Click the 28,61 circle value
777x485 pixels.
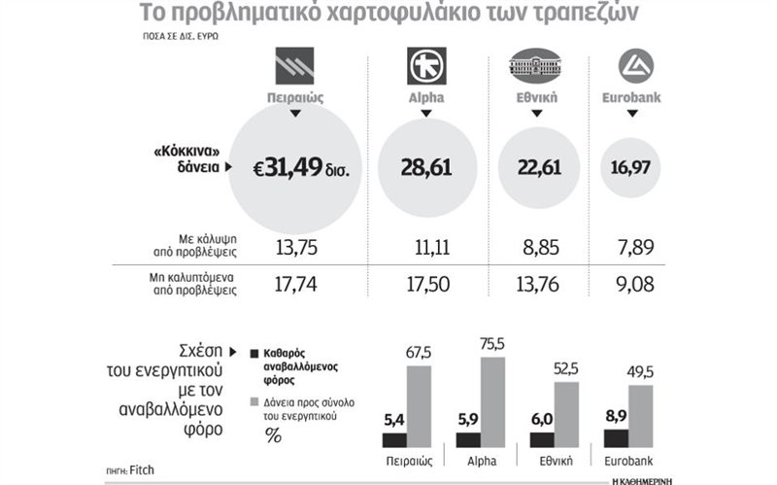[426, 168]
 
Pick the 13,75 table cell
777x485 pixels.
[292, 246]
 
